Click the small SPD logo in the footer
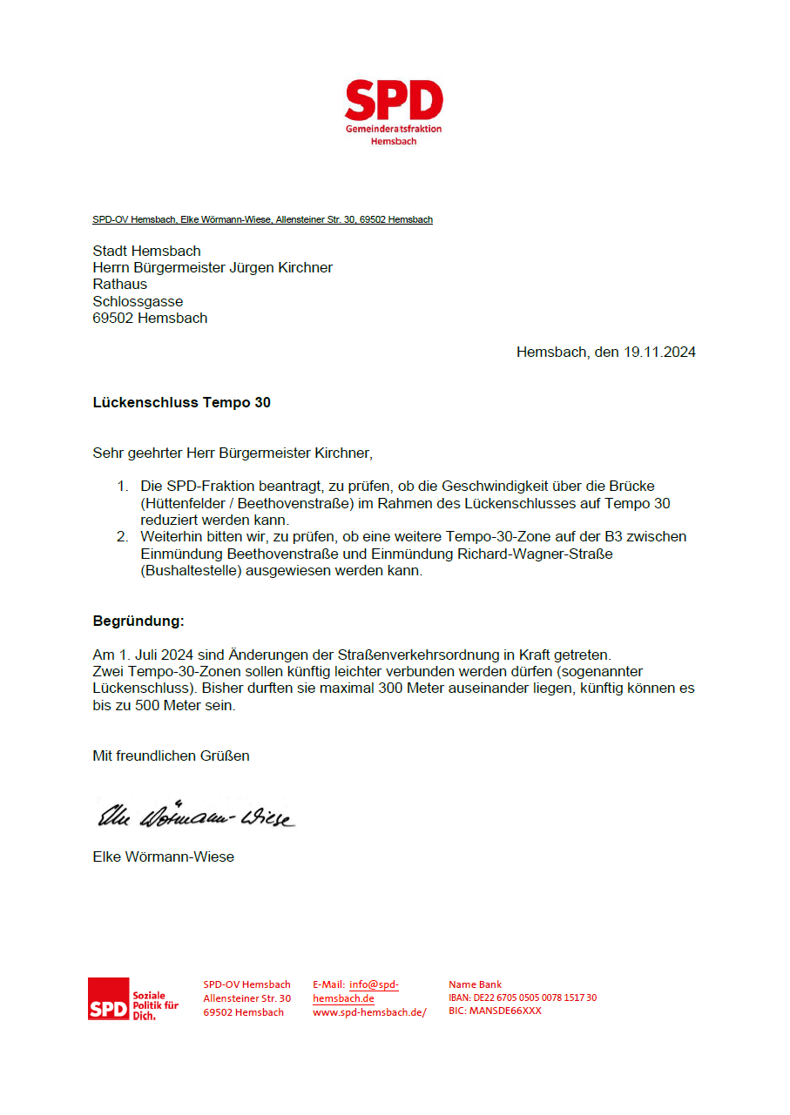tap(109, 998)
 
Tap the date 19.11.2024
tap(659, 353)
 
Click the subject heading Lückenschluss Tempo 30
tap(181, 403)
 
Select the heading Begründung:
tap(138, 621)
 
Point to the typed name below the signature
tap(163, 857)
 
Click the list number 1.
tap(123, 487)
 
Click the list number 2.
tap(123, 537)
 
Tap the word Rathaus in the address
tap(120, 285)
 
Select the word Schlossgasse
tap(138, 301)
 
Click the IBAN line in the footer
tap(523, 998)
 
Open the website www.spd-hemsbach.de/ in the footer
tap(369, 1012)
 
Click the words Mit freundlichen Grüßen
tap(171, 756)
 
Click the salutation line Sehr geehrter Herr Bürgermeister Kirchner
tap(233, 453)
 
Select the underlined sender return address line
tap(262, 220)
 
